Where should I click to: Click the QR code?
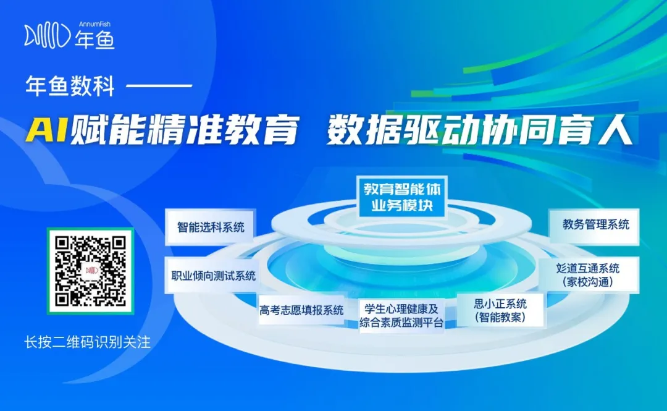coord(91,271)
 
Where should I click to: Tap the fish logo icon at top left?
coord(46,36)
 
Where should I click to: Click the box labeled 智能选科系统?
coord(211,227)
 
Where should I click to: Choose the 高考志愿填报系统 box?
coord(301,310)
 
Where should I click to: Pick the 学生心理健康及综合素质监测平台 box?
coord(401,315)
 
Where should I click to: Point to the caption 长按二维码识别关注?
coord(87,342)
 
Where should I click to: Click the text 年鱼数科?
coord(70,86)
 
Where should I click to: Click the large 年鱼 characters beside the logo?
coord(95,40)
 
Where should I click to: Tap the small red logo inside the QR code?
coord(91,271)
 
